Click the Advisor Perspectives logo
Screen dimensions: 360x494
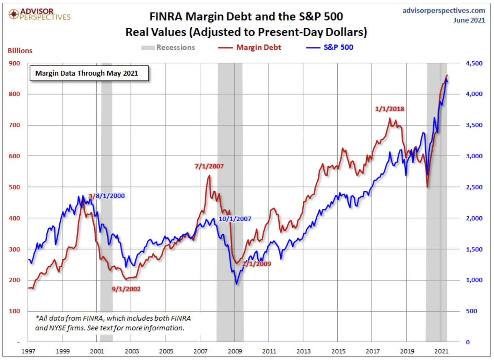tap(39, 14)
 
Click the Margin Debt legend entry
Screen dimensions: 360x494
tap(250, 47)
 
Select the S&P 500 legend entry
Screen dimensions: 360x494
tap(330, 47)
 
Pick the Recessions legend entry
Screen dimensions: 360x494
tap(168, 47)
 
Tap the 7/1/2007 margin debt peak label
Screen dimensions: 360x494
tap(209, 166)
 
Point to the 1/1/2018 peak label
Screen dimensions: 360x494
tap(390, 109)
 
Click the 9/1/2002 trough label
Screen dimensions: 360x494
tap(126, 289)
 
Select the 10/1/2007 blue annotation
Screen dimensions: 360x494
tap(235, 219)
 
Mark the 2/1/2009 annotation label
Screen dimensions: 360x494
tap(257, 264)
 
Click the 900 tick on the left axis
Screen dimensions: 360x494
tap(14, 63)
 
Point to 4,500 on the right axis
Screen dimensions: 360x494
tap(474, 63)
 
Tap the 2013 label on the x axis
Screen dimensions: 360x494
tap(303, 351)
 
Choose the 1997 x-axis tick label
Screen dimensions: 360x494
tap(28, 351)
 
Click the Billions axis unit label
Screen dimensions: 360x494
tap(20, 51)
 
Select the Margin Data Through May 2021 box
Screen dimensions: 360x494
tap(89, 73)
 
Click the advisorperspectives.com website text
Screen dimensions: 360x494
tap(443, 11)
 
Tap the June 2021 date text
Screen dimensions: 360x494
tap(469, 20)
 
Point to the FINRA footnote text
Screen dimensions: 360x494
tap(113, 323)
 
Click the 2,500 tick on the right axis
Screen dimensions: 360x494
tap(474, 187)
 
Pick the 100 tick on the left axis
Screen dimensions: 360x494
tap(14, 311)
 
